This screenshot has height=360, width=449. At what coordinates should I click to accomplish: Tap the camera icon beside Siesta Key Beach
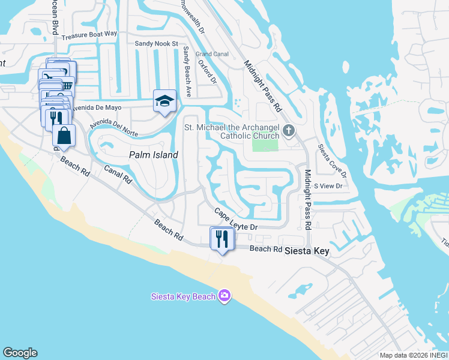point(224,295)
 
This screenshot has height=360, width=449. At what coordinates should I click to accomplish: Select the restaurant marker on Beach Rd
point(221,239)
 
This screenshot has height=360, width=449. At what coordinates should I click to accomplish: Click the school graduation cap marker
point(164,101)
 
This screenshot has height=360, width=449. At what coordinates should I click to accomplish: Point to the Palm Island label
point(154,155)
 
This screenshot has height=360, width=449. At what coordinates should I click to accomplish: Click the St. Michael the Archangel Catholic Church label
point(231,131)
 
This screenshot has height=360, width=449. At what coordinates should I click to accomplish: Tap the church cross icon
point(289,130)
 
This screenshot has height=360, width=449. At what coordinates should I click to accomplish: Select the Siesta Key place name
point(307,251)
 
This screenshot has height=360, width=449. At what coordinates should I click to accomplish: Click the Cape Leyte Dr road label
point(236,220)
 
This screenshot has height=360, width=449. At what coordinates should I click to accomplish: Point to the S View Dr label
point(327,186)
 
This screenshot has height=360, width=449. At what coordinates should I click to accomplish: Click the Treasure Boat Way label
point(93,35)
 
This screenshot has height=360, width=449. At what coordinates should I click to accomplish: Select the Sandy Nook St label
point(157,44)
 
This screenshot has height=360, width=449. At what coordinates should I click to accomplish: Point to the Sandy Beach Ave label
point(187,72)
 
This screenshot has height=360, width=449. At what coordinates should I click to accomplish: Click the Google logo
point(20,353)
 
